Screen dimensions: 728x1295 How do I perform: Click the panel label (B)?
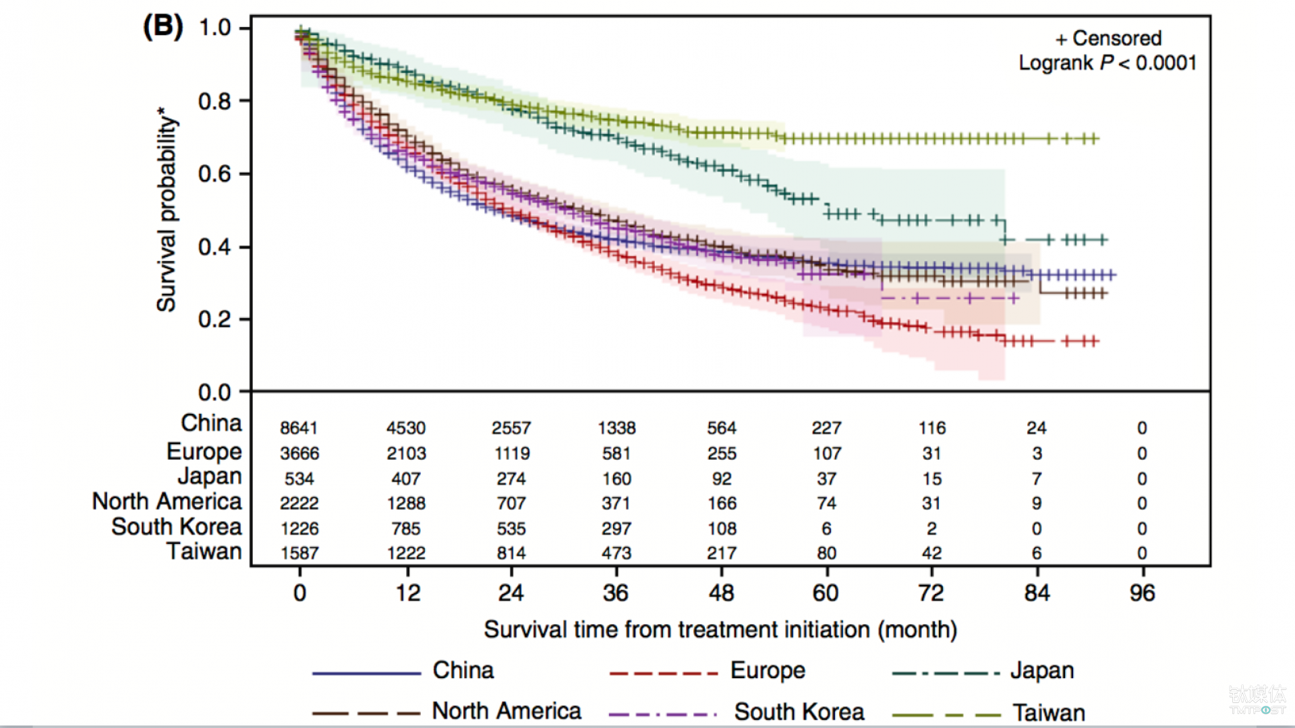(163, 27)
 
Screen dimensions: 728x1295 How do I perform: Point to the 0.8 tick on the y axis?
(214, 101)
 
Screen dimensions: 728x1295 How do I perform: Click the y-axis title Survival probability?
(166, 209)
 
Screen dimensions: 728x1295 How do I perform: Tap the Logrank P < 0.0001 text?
(1107, 63)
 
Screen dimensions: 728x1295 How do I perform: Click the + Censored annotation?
(1108, 38)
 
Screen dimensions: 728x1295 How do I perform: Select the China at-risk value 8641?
(299, 428)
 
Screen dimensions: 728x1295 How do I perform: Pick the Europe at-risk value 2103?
(406, 454)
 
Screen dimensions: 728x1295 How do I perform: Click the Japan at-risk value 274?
(511, 479)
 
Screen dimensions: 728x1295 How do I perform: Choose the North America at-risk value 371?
(616, 504)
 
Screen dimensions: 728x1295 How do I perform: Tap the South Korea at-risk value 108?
(722, 529)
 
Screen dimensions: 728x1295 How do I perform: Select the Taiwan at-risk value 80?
(826, 553)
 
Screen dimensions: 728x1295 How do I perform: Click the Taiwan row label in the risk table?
(204, 551)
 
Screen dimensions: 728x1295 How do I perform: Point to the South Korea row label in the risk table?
(176, 526)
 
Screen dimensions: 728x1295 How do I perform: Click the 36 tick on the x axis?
(616, 593)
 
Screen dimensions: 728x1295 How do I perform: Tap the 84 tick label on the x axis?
(1037, 593)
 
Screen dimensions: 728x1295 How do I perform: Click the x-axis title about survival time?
(720, 630)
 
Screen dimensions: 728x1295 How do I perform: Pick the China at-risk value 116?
(931, 428)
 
